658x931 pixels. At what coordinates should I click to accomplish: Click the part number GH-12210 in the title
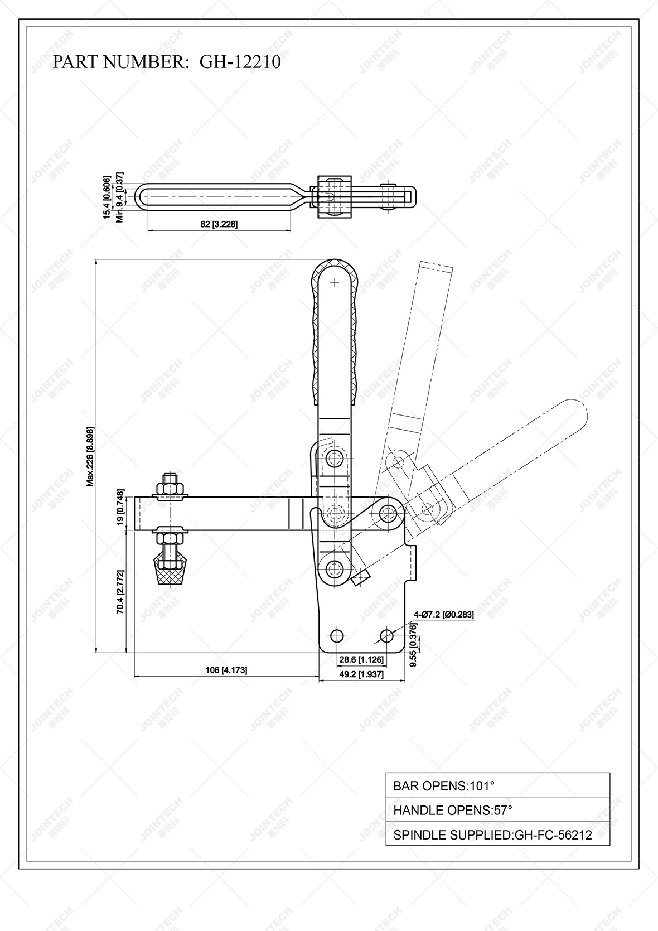pos(240,62)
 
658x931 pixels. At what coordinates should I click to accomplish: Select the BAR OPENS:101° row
pos(497,785)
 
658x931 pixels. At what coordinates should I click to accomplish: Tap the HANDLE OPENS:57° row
pos(497,810)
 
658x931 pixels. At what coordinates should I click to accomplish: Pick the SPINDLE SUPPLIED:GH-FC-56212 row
pos(497,834)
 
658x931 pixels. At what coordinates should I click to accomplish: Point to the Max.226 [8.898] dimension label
pos(90,457)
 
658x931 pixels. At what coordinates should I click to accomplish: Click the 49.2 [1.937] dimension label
pos(361,674)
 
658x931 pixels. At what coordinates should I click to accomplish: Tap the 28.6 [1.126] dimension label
pos(361,659)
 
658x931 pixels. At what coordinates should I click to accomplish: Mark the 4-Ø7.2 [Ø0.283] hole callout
pos(443,615)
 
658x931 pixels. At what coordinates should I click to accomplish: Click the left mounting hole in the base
pos(336,635)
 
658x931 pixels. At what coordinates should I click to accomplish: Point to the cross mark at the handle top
pos(335,282)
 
